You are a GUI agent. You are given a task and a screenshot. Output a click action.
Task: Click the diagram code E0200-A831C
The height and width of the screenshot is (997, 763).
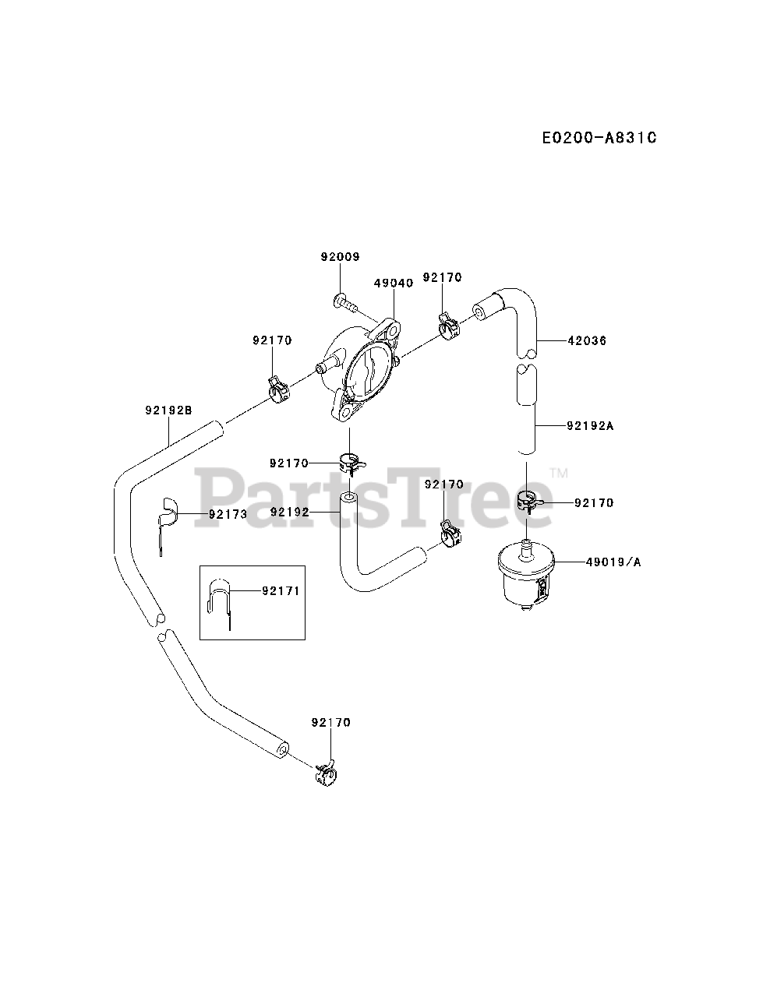(599, 138)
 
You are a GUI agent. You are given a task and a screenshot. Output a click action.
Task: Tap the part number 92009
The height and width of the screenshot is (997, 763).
(340, 256)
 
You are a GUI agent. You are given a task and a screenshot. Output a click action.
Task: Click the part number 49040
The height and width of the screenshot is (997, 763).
(394, 283)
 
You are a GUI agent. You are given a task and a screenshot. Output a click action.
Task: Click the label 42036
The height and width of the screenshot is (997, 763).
(587, 340)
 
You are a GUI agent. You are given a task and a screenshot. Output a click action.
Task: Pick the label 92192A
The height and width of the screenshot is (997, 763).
(590, 426)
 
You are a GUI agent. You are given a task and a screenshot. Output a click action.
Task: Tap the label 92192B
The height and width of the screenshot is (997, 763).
(168, 410)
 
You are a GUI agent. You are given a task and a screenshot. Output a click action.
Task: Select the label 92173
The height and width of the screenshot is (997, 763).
(228, 514)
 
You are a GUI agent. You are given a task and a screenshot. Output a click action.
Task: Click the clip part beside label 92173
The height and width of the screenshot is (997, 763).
(166, 518)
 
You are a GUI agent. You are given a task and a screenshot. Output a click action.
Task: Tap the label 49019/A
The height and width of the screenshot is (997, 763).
(615, 561)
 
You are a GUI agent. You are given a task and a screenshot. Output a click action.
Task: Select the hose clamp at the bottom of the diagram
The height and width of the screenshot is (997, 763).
(326, 771)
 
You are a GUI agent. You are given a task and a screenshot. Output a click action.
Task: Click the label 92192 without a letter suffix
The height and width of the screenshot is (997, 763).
(290, 512)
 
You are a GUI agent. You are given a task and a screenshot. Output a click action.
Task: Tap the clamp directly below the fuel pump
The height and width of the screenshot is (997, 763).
(351, 463)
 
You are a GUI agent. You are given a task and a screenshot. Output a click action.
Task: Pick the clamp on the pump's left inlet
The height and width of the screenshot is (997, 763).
(278, 386)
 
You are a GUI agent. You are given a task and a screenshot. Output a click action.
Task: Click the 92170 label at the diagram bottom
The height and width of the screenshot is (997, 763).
(330, 722)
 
